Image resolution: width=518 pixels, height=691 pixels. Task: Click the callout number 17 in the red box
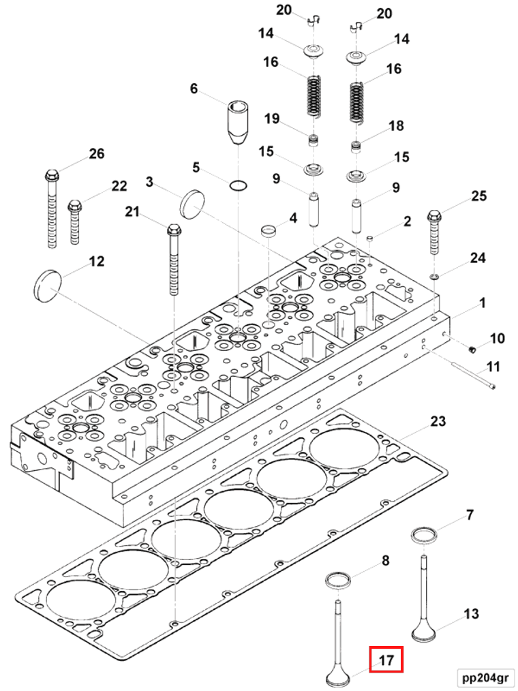coord(386,660)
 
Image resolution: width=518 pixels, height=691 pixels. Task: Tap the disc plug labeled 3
coord(192,203)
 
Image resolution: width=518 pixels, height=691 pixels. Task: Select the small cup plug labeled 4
coord(271,230)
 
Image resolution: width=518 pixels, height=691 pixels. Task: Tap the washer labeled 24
coord(434,276)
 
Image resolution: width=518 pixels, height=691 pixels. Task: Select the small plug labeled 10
coord(470,350)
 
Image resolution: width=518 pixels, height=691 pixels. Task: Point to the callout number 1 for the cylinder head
coord(482,302)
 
